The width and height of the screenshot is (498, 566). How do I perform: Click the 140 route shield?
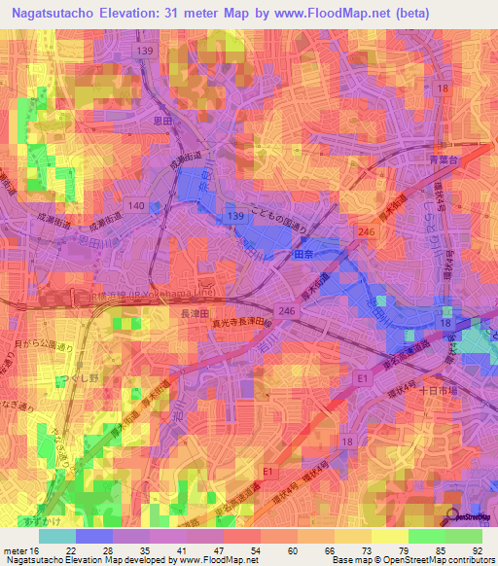coord(136,206)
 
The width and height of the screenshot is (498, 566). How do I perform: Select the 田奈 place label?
coord(303,253)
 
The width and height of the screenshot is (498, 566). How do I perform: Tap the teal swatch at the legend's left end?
coord(56,535)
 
